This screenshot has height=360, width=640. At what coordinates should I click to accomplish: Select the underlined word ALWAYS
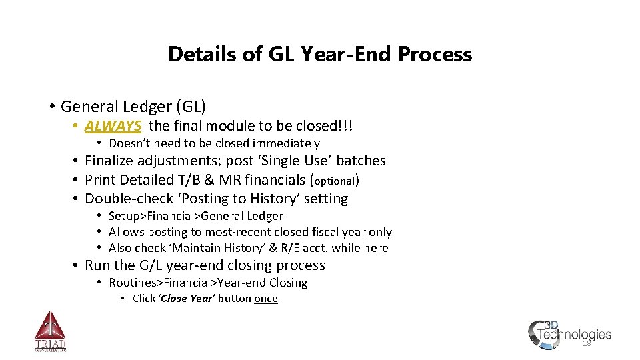coord(113,126)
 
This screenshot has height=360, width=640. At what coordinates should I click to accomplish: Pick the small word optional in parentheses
coord(334,181)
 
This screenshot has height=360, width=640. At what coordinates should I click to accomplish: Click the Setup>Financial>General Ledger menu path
coord(195,216)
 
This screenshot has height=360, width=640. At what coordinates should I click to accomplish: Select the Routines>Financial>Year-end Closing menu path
coord(208,283)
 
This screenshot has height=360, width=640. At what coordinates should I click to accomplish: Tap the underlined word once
coord(265,299)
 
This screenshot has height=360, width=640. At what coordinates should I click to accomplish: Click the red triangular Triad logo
coord(50,331)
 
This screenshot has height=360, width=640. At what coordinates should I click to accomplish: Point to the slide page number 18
coord(587,344)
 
